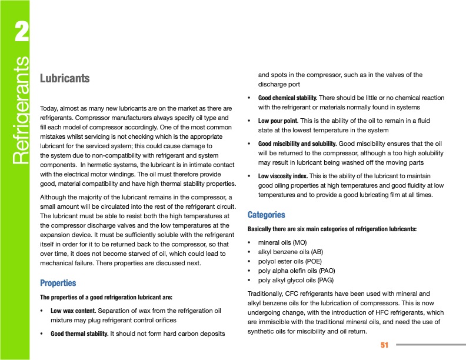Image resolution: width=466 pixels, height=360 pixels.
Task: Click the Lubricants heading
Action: [64, 78]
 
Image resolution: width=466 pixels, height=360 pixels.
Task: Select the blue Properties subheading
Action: [58, 282]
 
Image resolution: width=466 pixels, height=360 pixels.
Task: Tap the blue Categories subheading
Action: [267, 215]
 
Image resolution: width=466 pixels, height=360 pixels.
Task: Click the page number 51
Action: [385, 344]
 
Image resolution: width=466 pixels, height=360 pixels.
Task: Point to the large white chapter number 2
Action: [21, 34]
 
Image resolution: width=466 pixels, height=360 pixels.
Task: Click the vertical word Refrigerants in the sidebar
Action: [21, 110]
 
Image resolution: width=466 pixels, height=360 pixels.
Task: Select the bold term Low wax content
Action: [74, 310]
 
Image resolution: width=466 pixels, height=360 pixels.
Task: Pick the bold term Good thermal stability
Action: [79, 334]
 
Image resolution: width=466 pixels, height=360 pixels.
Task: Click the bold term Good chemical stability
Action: [288, 98]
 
